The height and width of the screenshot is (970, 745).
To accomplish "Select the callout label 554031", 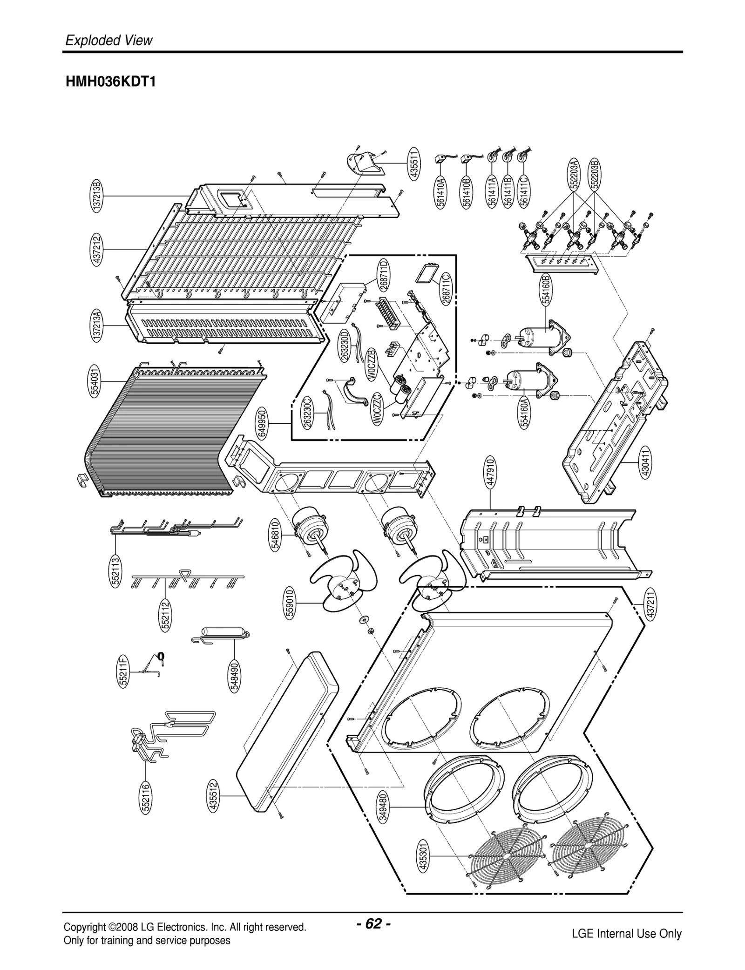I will tap(95, 381).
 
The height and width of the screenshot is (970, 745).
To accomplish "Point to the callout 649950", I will tap(262, 423).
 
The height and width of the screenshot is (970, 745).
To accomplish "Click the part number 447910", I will tap(490, 472).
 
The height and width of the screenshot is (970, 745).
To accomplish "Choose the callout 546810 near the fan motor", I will tap(275, 535).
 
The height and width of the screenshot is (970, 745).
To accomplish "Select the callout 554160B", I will tap(546, 290).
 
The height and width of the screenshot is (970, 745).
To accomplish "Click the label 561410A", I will tap(441, 191).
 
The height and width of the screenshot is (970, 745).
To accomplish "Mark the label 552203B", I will tap(595, 175).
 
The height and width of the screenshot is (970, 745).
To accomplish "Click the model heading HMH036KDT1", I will tap(110, 82).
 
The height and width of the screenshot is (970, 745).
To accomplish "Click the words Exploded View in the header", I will tap(108, 41).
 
